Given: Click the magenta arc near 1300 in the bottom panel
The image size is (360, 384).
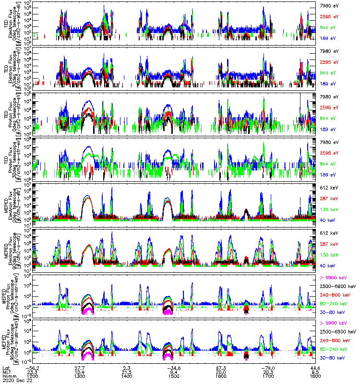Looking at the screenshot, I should click(87, 356).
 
